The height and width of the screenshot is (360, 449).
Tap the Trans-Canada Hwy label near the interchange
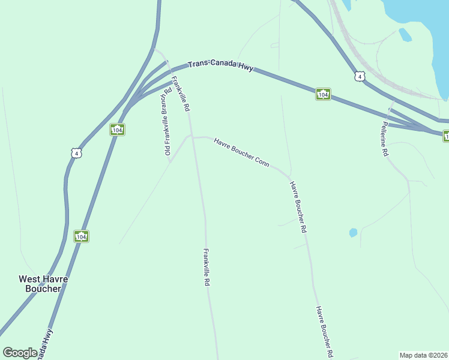220,67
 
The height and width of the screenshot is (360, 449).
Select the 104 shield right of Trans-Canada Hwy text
323,95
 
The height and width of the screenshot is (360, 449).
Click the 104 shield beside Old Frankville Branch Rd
117,130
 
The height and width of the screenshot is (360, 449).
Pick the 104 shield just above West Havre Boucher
82,237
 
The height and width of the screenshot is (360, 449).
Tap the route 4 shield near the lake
359,76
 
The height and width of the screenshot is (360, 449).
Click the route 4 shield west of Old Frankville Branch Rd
76,153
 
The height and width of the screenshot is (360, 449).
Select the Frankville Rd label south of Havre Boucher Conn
206,266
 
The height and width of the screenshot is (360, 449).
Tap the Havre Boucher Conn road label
241,151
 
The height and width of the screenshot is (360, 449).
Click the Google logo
20,353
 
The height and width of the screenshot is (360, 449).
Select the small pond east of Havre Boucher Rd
353,232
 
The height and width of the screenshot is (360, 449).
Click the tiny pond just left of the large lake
405,35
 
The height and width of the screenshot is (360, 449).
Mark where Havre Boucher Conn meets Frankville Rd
192,137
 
